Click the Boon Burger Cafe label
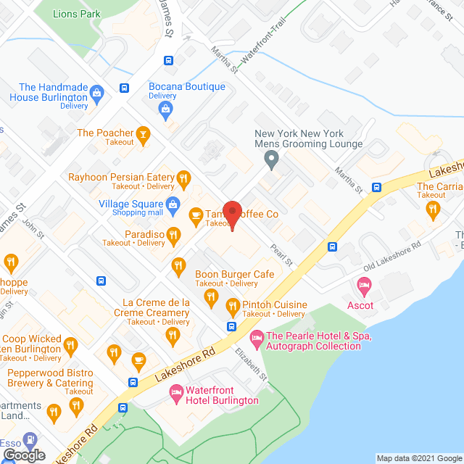[x=234, y=274]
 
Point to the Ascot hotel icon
[x=365, y=286]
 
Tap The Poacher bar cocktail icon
[x=144, y=133]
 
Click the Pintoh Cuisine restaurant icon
[x=233, y=304]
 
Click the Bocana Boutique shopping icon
[x=166, y=109]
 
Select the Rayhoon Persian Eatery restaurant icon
[x=184, y=177]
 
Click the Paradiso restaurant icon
[x=173, y=234]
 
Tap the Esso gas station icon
[x=30, y=439]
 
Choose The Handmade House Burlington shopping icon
[x=97, y=93]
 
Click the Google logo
[x=23, y=455]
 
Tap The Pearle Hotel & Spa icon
[x=256, y=338]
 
